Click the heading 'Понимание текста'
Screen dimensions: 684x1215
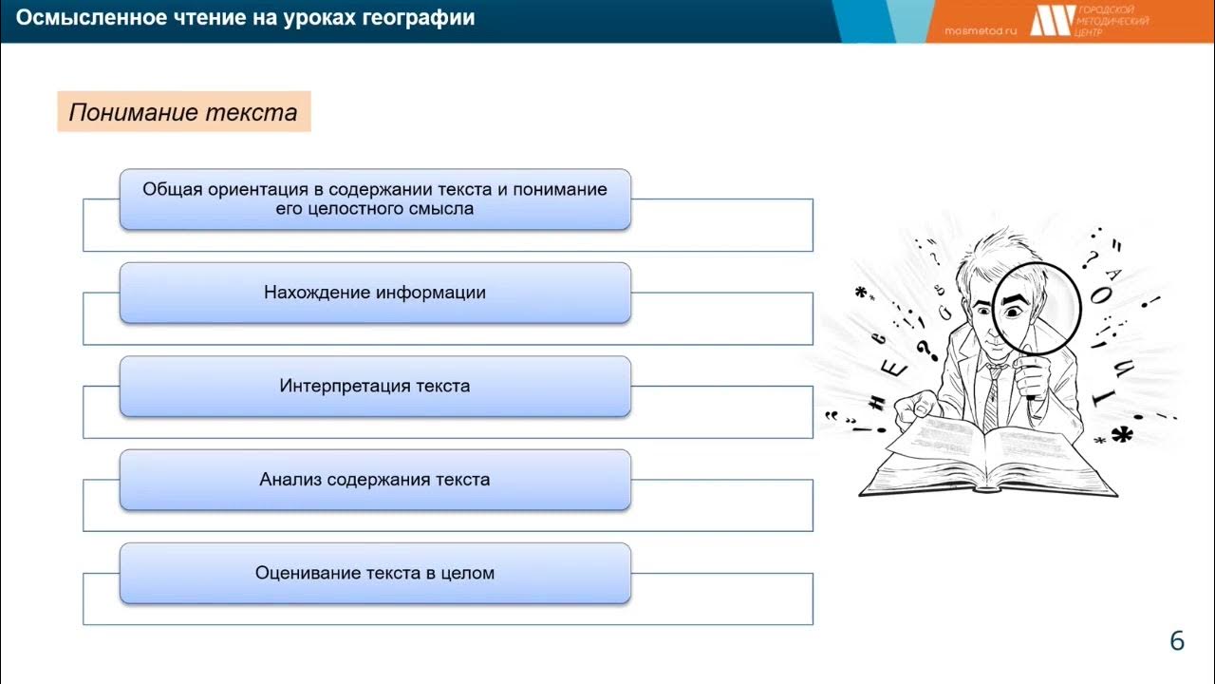(x=183, y=113)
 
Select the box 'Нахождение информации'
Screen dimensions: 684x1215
(x=375, y=293)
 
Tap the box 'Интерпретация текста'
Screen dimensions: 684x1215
(x=375, y=386)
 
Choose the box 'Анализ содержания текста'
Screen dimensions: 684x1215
(x=375, y=480)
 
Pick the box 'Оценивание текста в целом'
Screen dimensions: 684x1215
(x=375, y=573)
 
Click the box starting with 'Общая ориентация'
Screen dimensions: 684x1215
(x=375, y=199)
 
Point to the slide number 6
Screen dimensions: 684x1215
(x=1177, y=641)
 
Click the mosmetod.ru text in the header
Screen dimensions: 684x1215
(x=981, y=30)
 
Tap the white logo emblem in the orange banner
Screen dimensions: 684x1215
(x=1052, y=20)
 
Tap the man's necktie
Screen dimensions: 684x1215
(x=993, y=394)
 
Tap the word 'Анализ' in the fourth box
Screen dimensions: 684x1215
(x=290, y=480)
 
